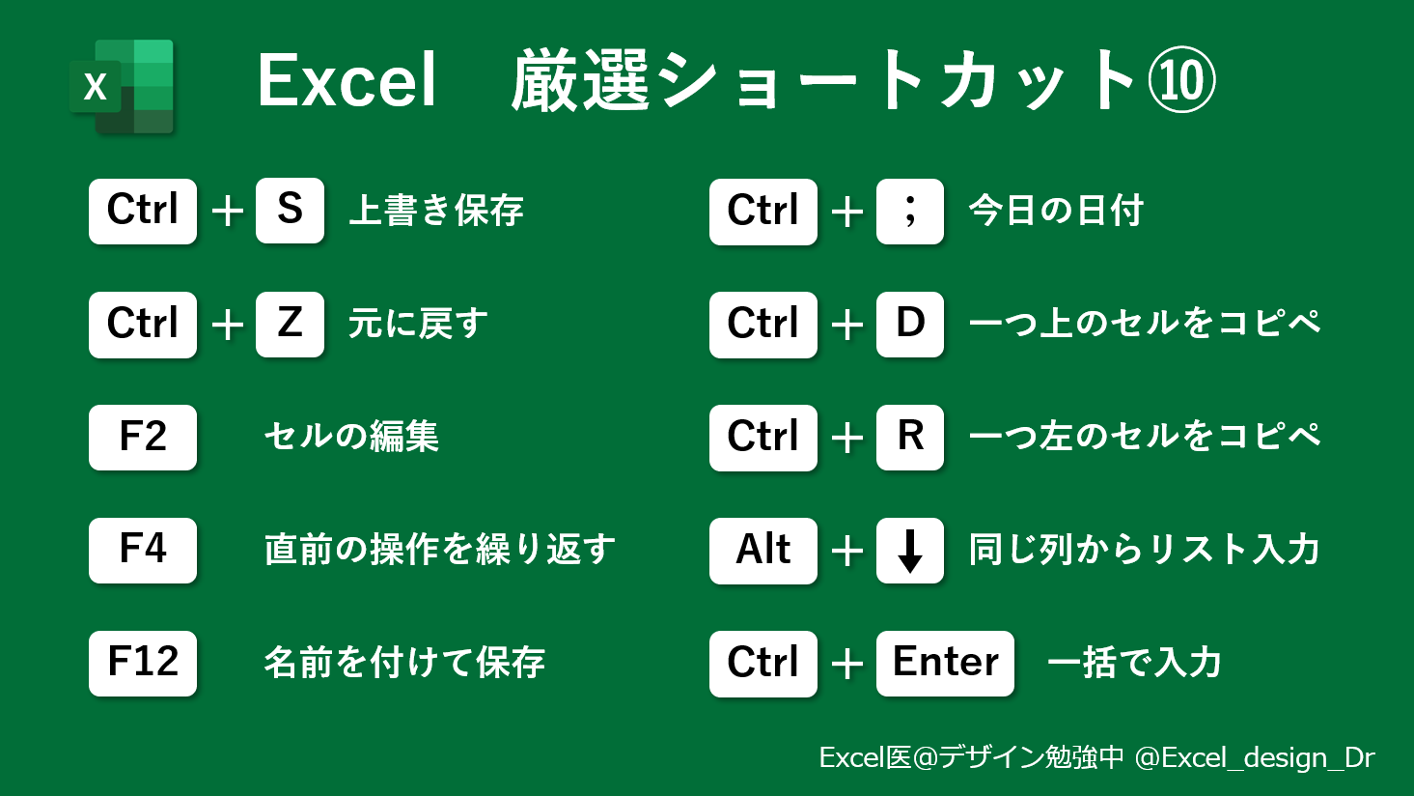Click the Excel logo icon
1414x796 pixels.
pos(123,87)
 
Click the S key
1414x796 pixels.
pos(290,211)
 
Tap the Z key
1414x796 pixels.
pos(290,324)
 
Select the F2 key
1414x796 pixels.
pos(143,437)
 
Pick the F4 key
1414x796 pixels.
pos(143,550)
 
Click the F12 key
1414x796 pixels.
pos(143,663)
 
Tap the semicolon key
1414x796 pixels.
pos(909,211)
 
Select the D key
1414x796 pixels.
pos(909,324)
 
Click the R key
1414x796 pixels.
pos(909,437)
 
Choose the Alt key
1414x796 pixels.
pos(762,550)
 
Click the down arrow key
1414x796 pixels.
pos(909,550)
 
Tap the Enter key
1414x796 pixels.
pos(945,663)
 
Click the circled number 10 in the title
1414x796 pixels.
pos(1181,81)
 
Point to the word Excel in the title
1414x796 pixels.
pos(347,81)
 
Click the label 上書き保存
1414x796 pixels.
pos(436,211)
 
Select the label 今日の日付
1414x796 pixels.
pos(1056,211)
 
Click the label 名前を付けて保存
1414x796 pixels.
pos(404,663)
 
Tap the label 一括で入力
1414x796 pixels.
pos(1134,663)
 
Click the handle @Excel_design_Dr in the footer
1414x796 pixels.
pos(1255,757)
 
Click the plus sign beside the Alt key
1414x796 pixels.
pos(846,552)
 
